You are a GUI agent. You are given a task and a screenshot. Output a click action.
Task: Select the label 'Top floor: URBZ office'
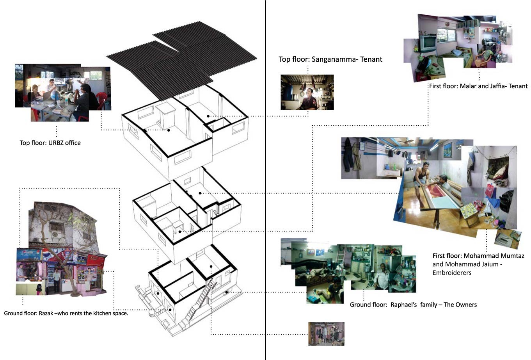50,143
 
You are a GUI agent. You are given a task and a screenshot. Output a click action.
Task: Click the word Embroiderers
452,273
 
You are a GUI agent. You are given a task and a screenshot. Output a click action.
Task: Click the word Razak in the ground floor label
46,313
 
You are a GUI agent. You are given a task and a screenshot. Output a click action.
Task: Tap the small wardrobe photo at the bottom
326,334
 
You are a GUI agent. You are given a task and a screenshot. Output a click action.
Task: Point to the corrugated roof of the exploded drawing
181,59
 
